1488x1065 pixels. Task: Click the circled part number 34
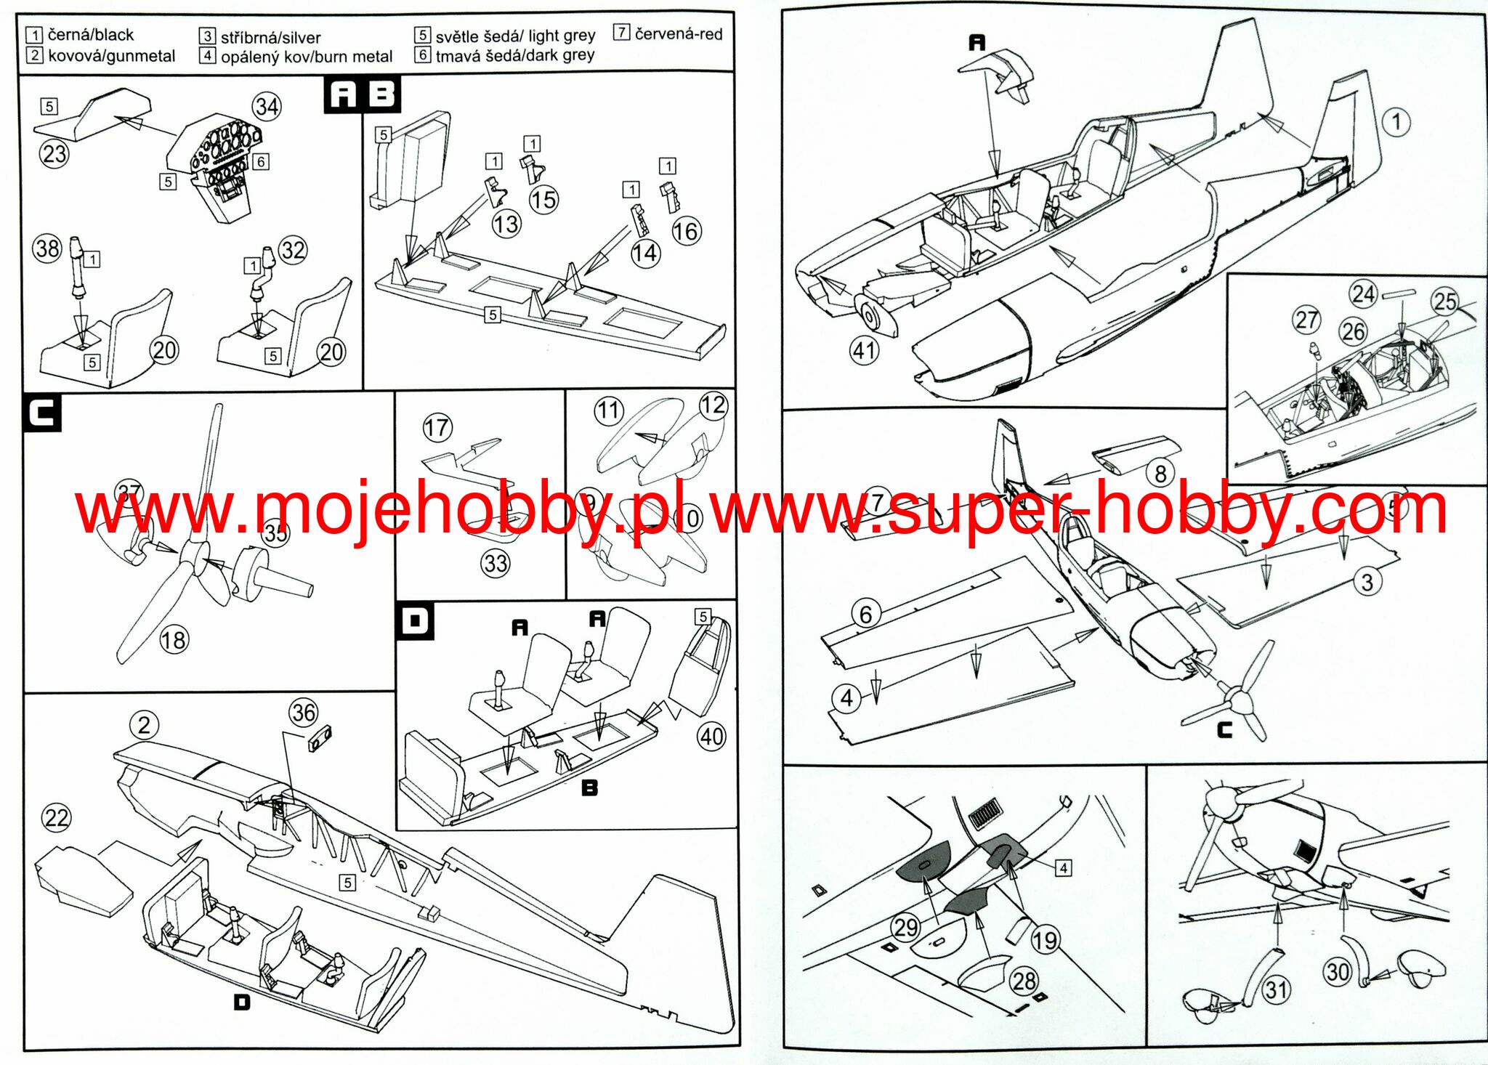(267, 108)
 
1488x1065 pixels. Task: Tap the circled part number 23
(54, 154)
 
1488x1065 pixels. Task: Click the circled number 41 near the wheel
(864, 351)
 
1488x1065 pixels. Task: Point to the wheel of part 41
(870, 316)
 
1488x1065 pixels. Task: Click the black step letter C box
(42, 413)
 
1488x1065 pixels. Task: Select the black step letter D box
(415, 621)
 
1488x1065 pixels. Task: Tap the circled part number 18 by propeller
(174, 640)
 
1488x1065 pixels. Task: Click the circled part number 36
(304, 713)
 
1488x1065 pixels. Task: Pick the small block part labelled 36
(319, 740)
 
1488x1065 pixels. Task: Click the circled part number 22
(57, 818)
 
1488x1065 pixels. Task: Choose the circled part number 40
(711, 737)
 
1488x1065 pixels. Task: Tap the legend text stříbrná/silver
(270, 37)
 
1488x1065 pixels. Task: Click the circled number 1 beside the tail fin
(1396, 122)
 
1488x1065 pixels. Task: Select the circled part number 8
(1160, 474)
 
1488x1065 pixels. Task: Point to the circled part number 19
(1045, 941)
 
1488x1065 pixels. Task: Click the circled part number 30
(1337, 971)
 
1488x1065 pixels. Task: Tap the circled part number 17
(437, 427)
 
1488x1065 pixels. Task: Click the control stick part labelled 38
(76, 269)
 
